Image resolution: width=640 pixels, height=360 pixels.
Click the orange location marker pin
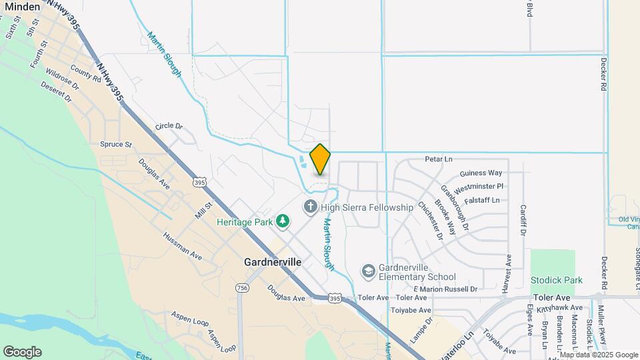pos(320,159)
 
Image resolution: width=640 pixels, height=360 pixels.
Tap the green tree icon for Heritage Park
pos(283,220)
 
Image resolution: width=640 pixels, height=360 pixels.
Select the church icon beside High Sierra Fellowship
pos(310,207)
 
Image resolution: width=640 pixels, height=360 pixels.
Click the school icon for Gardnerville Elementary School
pos(368,271)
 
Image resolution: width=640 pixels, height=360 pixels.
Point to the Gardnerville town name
pos(273,262)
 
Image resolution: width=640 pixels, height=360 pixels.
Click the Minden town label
pos(22,6)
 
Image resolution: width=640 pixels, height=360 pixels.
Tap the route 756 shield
pos(242,287)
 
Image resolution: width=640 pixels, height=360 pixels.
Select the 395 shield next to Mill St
pos(199,182)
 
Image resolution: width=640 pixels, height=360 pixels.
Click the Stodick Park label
pos(557,280)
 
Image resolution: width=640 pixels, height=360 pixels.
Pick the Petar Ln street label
pos(439,159)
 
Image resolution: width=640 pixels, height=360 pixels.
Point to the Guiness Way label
pos(481,173)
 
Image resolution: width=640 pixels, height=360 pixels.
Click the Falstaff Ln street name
pos(482,200)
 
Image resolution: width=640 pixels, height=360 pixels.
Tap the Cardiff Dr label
pos(523,221)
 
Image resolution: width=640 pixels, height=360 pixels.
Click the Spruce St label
pos(116,144)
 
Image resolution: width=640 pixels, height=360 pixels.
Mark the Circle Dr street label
pos(169,125)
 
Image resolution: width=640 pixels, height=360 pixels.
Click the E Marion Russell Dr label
pos(445,289)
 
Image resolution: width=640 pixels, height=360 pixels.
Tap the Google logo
pos(22,352)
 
